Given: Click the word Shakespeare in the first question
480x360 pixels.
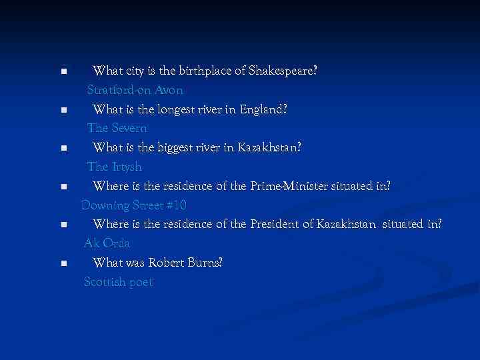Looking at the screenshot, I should [x=283, y=70].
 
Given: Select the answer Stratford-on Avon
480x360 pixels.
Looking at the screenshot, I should [x=135, y=89].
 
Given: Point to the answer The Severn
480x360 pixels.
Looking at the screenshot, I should [x=117, y=128].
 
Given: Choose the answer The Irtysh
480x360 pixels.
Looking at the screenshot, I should [x=114, y=167].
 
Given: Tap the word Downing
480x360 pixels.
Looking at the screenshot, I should [x=103, y=205].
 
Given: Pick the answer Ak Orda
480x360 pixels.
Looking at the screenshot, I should [x=107, y=243].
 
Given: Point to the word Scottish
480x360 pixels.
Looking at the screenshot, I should [x=105, y=282].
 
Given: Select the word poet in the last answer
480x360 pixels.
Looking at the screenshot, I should [x=141, y=282].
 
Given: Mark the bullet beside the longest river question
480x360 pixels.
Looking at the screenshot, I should [x=63, y=110].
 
